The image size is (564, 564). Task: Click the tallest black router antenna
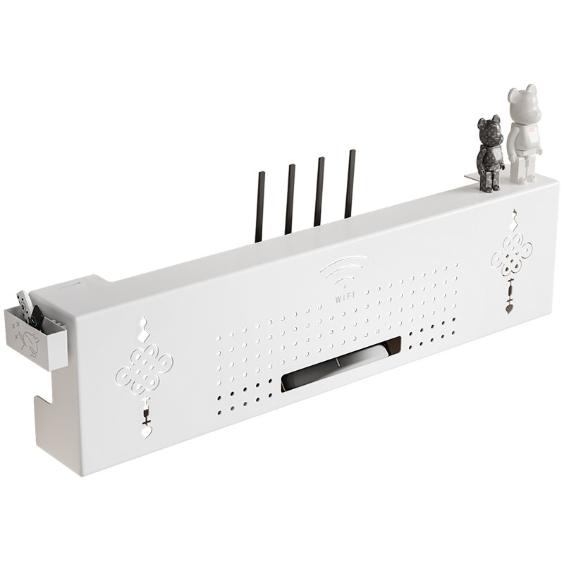pyautogui.click(x=350, y=184)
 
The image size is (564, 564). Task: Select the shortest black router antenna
pyautogui.click(x=259, y=207)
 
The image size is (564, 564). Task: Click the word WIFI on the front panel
pyautogui.click(x=345, y=297)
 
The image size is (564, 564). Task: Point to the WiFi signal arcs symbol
pyautogui.click(x=344, y=270)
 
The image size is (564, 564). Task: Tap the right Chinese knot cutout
pyautogui.click(x=512, y=255)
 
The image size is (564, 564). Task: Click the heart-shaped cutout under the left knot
pyautogui.click(x=147, y=431)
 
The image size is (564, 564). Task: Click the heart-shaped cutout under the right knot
pyautogui.click(x=509, y=308)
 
